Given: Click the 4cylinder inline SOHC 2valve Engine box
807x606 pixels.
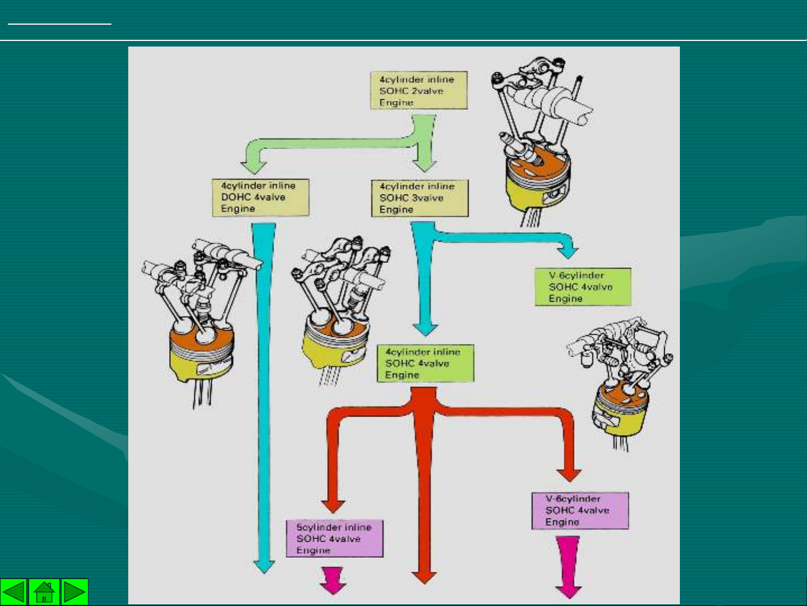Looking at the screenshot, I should (418, 90).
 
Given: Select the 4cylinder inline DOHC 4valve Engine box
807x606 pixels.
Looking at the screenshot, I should (260, 197).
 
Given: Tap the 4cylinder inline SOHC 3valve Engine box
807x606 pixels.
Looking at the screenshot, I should (419, 198).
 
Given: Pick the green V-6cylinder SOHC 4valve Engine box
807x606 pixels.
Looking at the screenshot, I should (582, 287).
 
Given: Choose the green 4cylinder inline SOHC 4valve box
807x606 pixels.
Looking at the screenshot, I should (425, 363).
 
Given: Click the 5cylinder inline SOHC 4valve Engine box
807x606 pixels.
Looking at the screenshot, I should (334, 539).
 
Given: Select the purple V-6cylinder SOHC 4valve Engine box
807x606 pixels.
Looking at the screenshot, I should (580, 510).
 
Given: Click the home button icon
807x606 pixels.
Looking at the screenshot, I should (44, 592).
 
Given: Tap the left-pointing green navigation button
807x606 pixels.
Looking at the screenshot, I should (13, 592).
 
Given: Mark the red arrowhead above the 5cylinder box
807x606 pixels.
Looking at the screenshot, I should (333, 505).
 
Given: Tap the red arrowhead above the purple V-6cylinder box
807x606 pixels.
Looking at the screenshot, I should (569, 475).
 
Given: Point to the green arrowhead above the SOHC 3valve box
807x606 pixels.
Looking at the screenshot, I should (425, 165).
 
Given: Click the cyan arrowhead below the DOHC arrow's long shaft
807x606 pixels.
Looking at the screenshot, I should (264, 566).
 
